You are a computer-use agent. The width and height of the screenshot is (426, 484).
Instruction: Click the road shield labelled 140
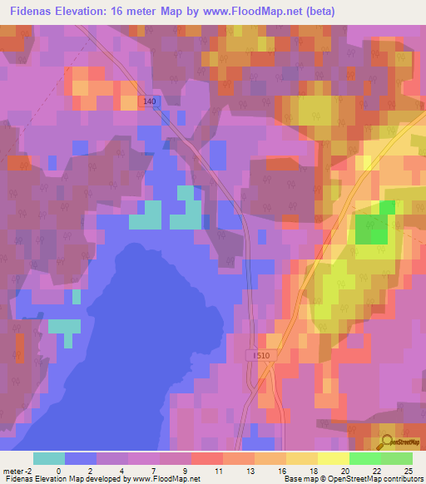pos(149,101)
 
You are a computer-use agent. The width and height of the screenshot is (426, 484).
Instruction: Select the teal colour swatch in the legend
pos(48,458)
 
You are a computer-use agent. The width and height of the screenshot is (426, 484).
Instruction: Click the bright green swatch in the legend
pos(364,458)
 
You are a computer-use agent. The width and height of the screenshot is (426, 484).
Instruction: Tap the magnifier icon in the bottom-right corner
pos(387,442)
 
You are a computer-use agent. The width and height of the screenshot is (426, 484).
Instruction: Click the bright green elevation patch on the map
pos(374,225)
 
